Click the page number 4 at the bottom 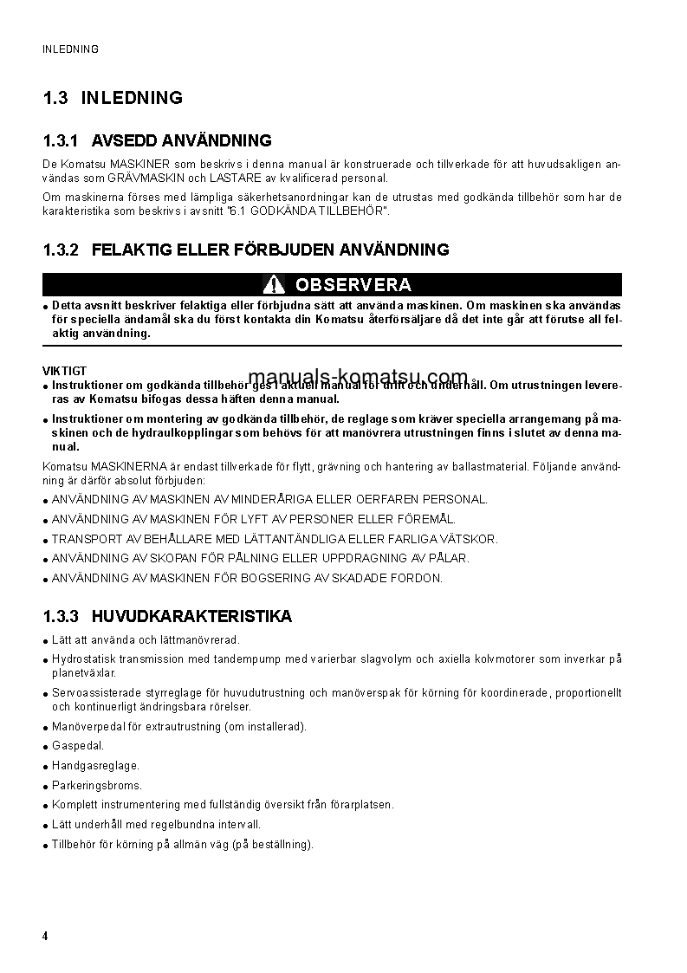(45, 937)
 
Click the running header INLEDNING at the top (70, 49)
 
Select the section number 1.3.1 (61, 140)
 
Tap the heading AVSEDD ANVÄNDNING (181, 140)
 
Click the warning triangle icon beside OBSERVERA (274, 284)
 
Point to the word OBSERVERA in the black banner (353, 284)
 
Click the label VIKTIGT (65, 371)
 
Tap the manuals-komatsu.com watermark (358, 377)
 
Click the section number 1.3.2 (61, 250)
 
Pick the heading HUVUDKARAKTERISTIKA (191, 616)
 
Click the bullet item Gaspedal (78, 745)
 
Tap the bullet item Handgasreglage (95, 765)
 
